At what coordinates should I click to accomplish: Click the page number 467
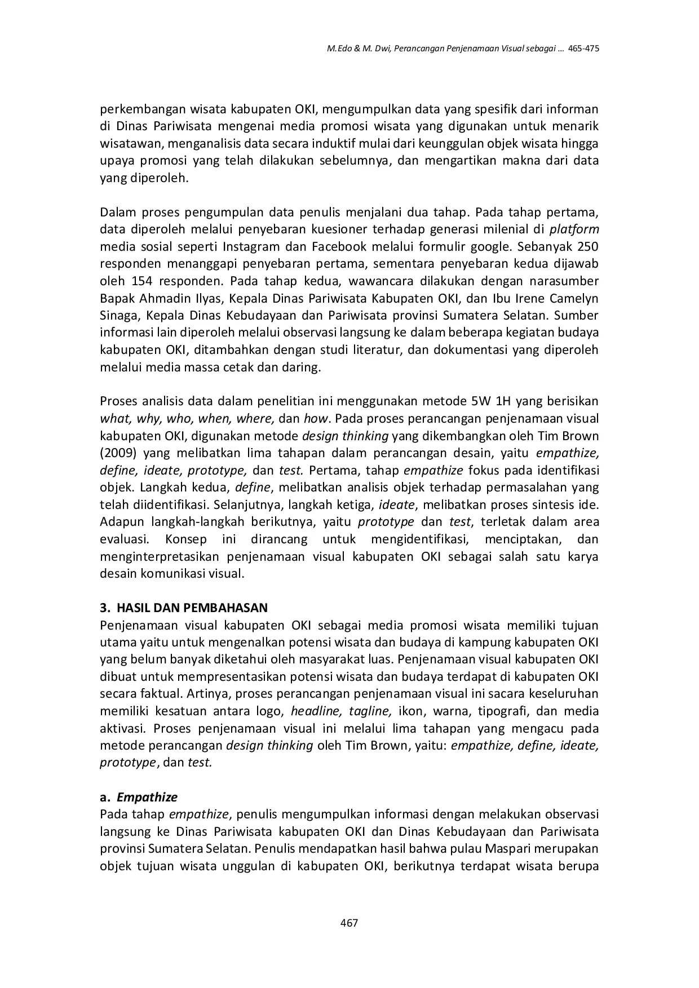[349, 923]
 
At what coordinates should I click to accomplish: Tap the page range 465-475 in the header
[583, 48]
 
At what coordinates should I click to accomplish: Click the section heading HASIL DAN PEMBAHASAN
[192, 608]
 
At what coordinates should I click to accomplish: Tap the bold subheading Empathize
[147, 797]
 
